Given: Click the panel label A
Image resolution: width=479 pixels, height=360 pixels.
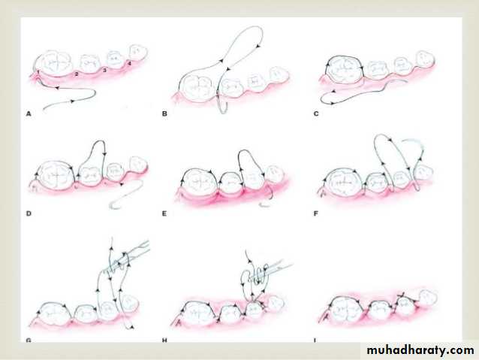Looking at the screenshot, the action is (29, 114).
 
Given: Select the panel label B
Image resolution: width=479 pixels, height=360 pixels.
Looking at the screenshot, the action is (164, 114).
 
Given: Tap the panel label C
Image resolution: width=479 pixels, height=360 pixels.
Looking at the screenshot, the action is (316, 114).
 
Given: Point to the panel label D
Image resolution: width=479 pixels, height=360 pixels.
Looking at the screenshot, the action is (29, 213).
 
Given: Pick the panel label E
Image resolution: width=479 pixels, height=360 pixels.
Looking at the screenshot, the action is (164, 213).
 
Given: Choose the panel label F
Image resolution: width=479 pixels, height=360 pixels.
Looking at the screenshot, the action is (315, 213).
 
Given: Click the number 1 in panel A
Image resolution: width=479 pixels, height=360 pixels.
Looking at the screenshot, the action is (38, 72).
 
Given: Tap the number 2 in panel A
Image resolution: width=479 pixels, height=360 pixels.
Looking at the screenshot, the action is (77, 74).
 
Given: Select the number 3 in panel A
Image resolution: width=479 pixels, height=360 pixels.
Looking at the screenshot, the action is (104, 71).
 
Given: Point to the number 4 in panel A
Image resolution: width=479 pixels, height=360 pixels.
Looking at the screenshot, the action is (130, 64).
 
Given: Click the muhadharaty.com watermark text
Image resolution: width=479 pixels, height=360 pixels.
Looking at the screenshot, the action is (420, 350).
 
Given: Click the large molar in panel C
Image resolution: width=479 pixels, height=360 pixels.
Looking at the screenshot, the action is (345, 69).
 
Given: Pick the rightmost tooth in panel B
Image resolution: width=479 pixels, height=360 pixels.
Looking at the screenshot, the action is (279, 75).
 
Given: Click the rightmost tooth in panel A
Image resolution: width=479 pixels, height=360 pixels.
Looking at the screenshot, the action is (138, 52).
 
